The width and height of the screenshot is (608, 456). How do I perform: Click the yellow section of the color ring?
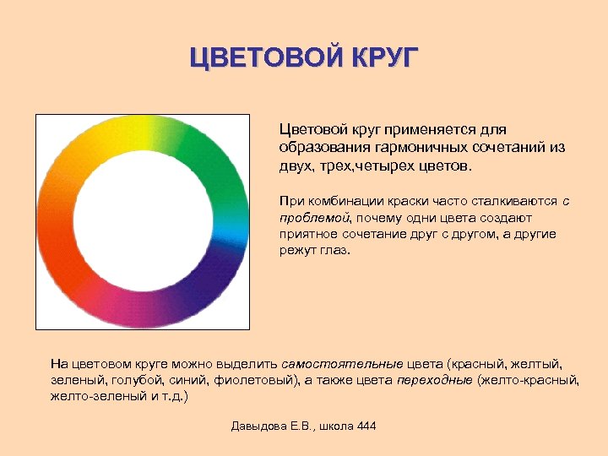tap(127, 131)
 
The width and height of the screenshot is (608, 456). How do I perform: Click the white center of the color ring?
tap(141, 221)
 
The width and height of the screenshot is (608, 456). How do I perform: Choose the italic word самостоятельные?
tap(342, 364)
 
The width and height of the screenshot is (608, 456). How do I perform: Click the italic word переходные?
tap(435, 380)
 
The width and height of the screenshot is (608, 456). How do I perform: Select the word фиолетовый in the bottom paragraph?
tap(259, 380)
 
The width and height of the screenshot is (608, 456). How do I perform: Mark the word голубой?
tap(132, 380)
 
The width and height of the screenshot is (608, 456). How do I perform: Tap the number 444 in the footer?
tap(366, 426)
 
